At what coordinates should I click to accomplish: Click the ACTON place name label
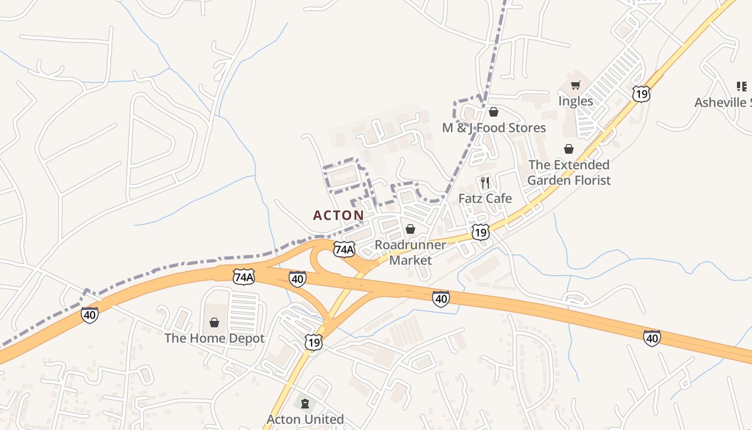click(x=338, y=216)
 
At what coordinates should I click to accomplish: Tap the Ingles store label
click(x=575, y=101)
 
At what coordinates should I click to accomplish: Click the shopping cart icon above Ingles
click(x=576, y=85)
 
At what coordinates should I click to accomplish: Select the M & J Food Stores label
click(x=494, y=128)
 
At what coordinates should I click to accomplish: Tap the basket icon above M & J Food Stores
click(x=494, y=112)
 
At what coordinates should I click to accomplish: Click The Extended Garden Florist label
click(x=569, y=173)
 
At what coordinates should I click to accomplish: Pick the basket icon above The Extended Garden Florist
click(x=569, y=149)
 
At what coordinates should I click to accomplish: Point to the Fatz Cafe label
click(x=485, y=198)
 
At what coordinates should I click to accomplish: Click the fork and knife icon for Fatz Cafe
click(x=485, y=182)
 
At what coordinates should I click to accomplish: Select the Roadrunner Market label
click(x=410, y=253)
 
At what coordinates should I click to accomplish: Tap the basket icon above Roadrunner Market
click(x=410, y=230)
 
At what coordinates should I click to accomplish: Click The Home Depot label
click(x=214, y=338)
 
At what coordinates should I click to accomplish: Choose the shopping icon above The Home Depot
click(x=214, y=322)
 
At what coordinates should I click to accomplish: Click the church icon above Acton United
click(x=305, y=403)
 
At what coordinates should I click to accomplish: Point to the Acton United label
click(x=305, y=419)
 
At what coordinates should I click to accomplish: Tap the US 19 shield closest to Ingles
click(x=641, y=94)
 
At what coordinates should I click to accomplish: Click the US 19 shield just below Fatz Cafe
click(x=481, y=232)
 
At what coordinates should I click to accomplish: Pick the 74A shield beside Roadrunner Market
click(x=344, y=249)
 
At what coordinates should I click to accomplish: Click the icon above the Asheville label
click(x=742, y=86)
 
